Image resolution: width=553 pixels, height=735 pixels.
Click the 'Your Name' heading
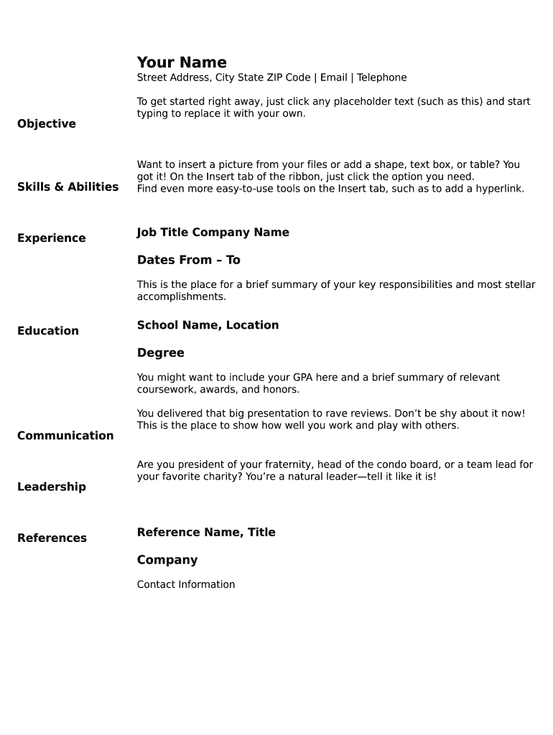coord(182,62)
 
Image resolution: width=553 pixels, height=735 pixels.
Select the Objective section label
coord(47,123)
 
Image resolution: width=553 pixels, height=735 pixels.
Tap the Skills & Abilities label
coord(68,187)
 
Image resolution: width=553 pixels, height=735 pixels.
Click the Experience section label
coord(51,238)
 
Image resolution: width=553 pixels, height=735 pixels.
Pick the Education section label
coord(48,331)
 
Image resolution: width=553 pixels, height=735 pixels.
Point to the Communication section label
coord(65,436)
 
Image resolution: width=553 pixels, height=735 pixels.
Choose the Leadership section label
coord(51,487)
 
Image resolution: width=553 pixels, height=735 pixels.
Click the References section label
coord(52,538)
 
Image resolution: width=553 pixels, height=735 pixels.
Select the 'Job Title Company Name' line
coord(213,233)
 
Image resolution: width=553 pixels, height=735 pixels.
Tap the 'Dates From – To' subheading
coord(189,260)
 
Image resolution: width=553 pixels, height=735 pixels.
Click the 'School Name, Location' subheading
coord(208,325)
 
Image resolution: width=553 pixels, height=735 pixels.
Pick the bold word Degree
coord(161,353)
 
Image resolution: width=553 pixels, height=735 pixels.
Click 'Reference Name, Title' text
coord(206,533)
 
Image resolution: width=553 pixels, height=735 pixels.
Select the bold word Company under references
coord(167,560)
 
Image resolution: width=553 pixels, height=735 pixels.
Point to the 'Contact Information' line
coord(186,584)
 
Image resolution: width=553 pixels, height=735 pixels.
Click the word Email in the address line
coord(334,78)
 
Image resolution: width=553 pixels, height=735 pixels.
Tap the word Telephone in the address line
coord(382,78)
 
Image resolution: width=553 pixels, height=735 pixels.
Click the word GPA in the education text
coord(303,378)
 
